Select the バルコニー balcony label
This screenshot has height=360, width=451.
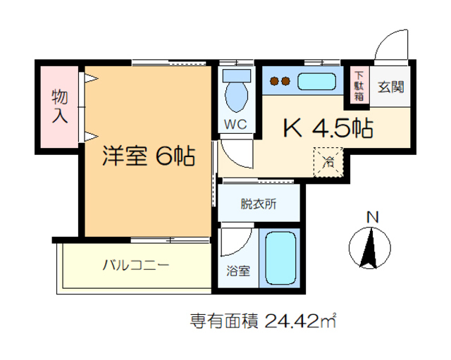point(135,266)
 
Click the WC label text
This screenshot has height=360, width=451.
point(234,125)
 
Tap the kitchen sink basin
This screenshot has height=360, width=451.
point(321,82)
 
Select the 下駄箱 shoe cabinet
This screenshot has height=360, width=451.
point(359,85)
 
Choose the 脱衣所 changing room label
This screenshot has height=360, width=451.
point(259,204)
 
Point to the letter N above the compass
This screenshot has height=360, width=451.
point(373,216)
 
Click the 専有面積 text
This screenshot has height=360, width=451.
point(224,321)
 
